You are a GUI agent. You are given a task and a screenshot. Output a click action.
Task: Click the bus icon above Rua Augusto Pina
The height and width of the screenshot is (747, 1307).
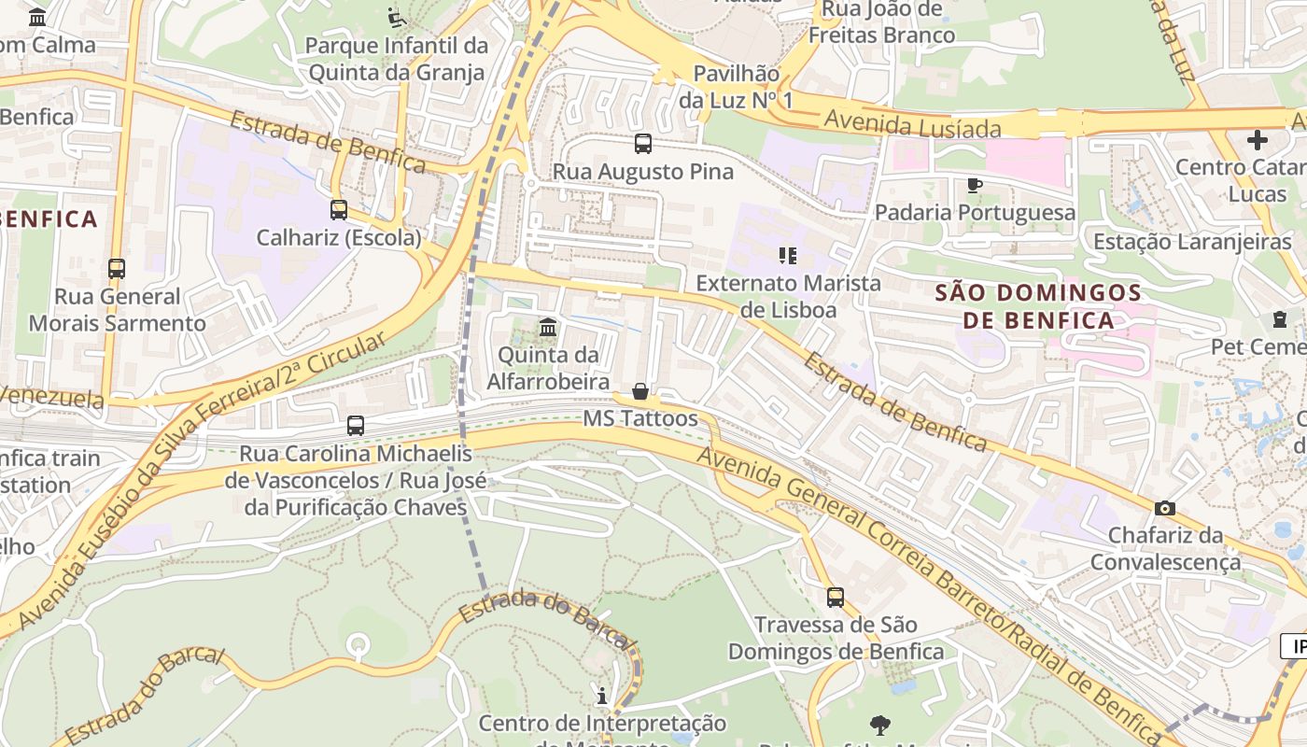(642, 144)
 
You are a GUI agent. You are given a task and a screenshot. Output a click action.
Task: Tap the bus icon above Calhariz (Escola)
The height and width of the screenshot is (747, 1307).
(339, 210)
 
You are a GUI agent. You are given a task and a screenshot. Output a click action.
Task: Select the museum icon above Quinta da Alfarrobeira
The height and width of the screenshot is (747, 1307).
(548, 328)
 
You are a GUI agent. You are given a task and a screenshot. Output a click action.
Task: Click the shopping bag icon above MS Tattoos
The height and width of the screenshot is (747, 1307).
(640, 391)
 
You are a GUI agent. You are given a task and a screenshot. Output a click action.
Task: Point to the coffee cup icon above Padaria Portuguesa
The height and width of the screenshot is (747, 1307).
(975, 185)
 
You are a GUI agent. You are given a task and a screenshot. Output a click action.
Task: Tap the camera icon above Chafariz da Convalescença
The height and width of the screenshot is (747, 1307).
(1165, 508)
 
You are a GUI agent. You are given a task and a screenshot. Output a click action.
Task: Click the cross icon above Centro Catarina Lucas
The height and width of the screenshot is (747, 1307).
(1258, 140)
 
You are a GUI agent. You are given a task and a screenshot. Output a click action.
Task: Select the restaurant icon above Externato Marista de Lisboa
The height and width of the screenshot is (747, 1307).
(788, 255)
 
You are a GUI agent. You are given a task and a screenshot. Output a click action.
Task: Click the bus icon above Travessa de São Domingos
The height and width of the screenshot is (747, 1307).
(836, 597)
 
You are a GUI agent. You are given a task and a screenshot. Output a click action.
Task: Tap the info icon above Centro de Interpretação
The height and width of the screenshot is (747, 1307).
(602, 696)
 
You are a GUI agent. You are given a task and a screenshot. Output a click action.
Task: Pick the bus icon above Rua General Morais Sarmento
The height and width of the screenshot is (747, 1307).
(117, 269)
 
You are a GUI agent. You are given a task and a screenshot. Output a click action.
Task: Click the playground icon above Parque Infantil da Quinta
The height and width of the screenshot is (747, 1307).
(397, 17)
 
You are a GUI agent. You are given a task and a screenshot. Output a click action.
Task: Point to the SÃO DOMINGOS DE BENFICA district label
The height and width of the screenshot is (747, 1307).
(1038, 306)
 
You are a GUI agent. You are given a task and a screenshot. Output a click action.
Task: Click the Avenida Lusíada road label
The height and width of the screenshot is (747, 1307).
(912, 124)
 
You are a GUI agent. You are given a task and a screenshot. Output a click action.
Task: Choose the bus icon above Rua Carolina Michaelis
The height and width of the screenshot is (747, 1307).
(356, 426)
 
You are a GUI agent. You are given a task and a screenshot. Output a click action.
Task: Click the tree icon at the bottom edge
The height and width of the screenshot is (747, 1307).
(879, 725)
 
